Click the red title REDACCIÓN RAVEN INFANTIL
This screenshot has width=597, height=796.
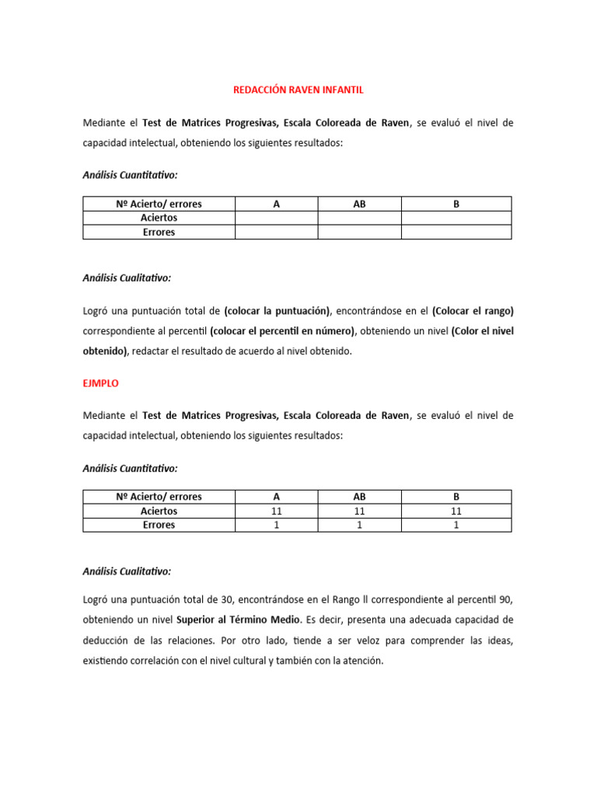click(x=298, y=90)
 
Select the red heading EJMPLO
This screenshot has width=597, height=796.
click(x=100, y=383)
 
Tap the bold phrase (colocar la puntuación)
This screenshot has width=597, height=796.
click(x=277, y=311)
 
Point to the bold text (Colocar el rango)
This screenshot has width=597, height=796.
click(x=473, y=311)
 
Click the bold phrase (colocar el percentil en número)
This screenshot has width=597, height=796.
click(x=282, y=331)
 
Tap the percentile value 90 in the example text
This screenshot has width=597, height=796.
click(x=507, y=600)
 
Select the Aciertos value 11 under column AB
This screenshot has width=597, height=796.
click(x=359, y=511)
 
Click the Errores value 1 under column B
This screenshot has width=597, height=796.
click(x=456, y=525)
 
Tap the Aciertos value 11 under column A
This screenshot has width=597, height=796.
click(x=277, y=511)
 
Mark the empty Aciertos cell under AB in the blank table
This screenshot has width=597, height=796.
click(x=359, y=218)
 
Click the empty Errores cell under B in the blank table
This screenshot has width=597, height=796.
click(x=456, y=232)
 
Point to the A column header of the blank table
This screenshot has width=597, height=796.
click(x=277, y=204)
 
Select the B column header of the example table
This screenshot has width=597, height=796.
click(x=456, y=497)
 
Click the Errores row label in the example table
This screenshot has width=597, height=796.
click(x=159, y=525)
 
